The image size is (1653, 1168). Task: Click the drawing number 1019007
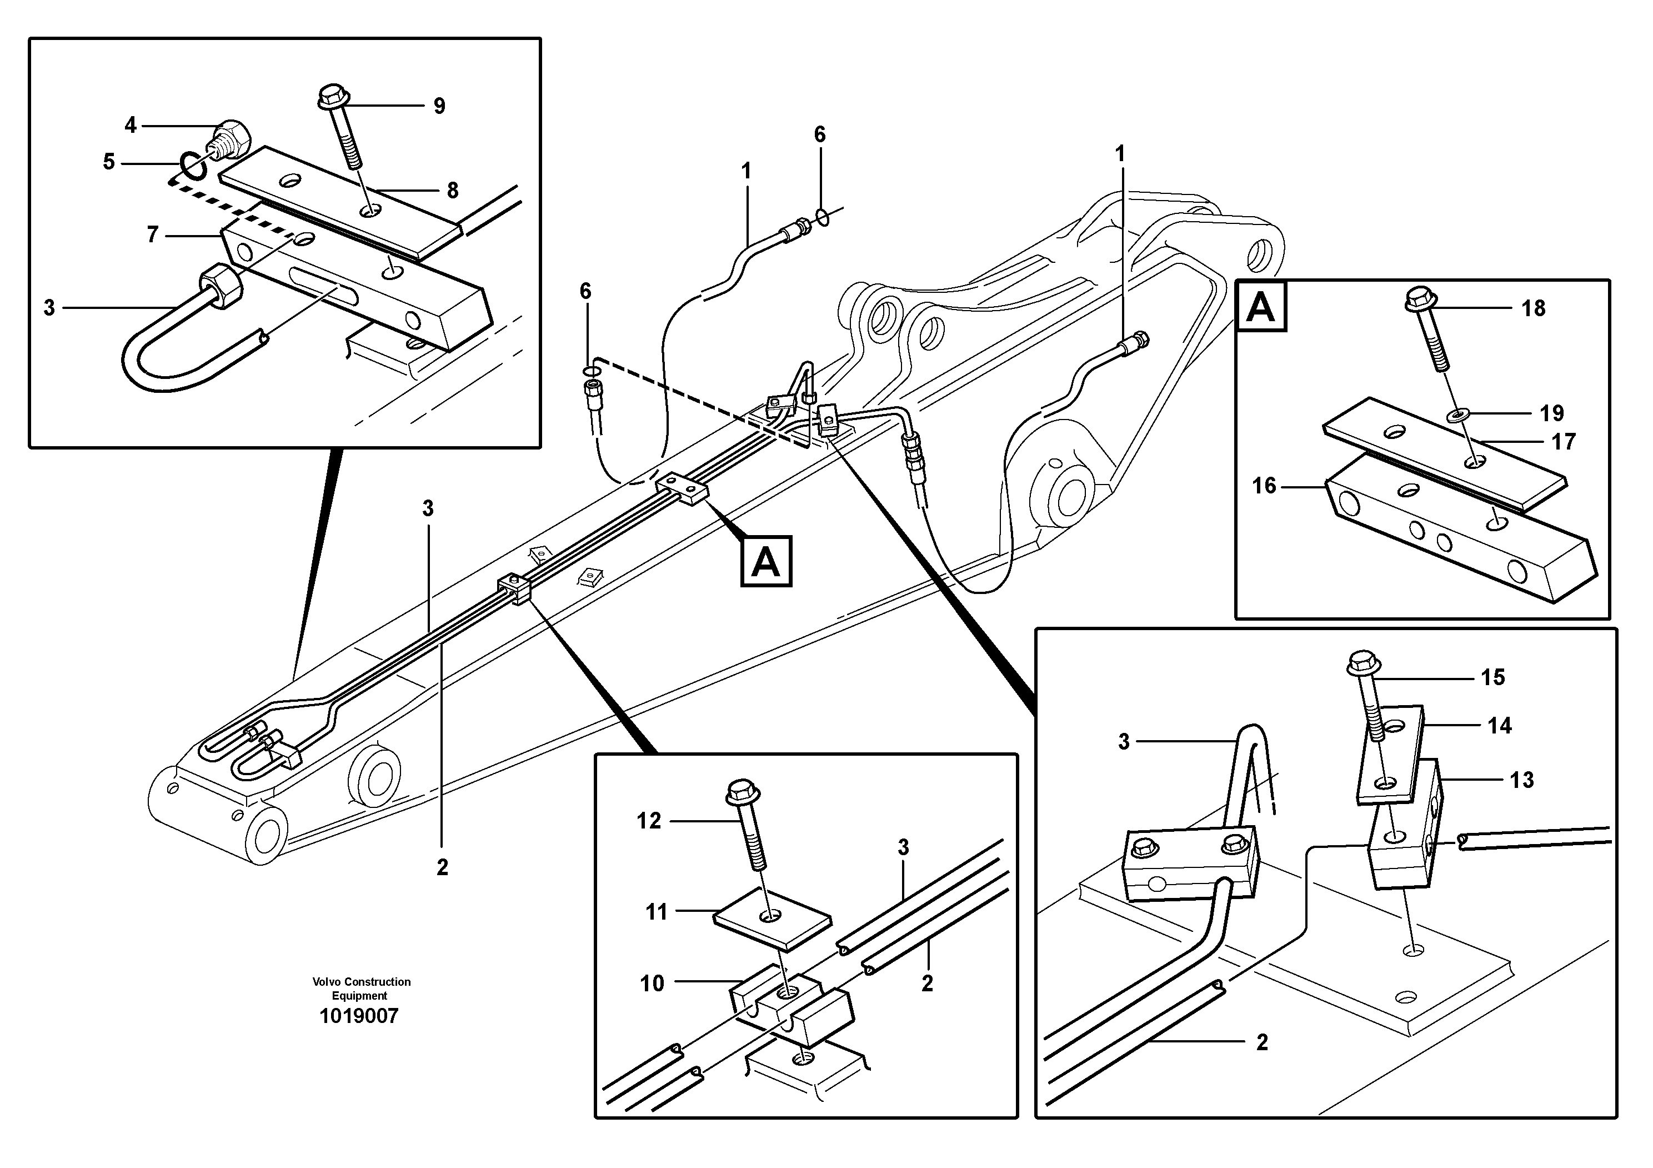358,1016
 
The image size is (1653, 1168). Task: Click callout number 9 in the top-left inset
439,106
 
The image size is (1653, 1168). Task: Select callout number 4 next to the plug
131,125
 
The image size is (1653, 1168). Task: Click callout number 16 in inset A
1264,486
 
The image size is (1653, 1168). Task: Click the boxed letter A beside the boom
766,561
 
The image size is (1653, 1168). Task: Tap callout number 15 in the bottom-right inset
1492,677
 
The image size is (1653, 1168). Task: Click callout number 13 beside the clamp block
1521,780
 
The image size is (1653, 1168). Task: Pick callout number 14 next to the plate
1500,725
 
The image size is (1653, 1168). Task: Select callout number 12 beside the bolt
649,821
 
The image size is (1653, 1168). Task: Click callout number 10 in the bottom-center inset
652,983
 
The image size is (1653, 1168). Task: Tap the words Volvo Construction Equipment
362,988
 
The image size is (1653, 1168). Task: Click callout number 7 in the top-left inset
153,234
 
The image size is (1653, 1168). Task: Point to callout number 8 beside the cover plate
453,190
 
